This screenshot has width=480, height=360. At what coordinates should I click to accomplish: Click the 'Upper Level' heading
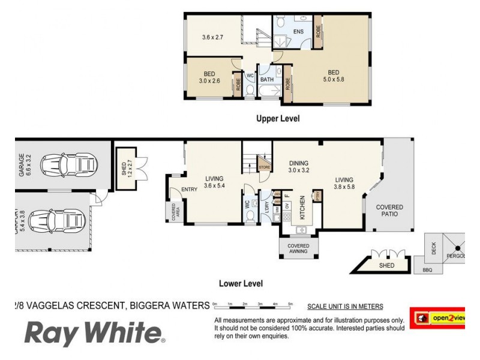[x=277, y=119]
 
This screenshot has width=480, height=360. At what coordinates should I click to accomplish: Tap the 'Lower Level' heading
[x=241, y=283]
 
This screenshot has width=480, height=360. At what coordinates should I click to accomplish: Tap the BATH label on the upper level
[x=267, y=79]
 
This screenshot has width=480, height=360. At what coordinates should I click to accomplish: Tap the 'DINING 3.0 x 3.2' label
[x=298, y=166]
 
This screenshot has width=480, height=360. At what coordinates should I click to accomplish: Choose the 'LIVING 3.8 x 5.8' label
[x=344, y=183]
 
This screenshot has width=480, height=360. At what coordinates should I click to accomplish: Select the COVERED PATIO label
[x=389, y=211]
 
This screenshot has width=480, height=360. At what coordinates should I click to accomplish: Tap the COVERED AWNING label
[x=298, y=248]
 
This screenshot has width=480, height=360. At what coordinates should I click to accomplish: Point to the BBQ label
[x=427, y=271]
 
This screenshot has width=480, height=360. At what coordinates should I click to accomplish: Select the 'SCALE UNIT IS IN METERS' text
[x=344, y=307]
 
